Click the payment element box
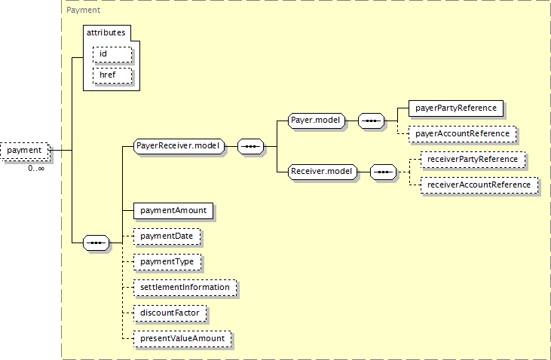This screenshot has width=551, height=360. [25, 151]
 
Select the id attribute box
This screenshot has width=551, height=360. [112, 54]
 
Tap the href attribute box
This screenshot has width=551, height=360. [112, 75]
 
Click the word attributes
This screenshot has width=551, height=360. [106, 32]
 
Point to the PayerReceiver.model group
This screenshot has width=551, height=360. [179, 146]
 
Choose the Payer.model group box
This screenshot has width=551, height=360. [317, 121]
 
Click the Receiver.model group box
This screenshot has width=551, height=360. [323, 172]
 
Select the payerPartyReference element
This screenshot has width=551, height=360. [456, 108]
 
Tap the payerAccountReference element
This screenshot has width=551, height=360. [463, 134]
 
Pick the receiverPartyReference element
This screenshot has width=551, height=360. [473, 160]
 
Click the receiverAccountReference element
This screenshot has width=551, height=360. [479, 185]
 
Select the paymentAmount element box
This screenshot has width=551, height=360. [173, 211]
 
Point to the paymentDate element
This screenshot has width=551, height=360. [167, 236]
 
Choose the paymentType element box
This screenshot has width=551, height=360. [167, 262]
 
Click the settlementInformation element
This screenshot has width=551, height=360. [185, 288]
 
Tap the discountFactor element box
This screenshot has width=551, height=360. [170, 313]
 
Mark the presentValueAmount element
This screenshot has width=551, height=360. [182, 339]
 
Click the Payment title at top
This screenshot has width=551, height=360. [83, 11]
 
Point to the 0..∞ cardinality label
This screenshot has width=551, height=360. [36, 169]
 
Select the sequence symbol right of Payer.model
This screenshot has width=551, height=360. [371, 121]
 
